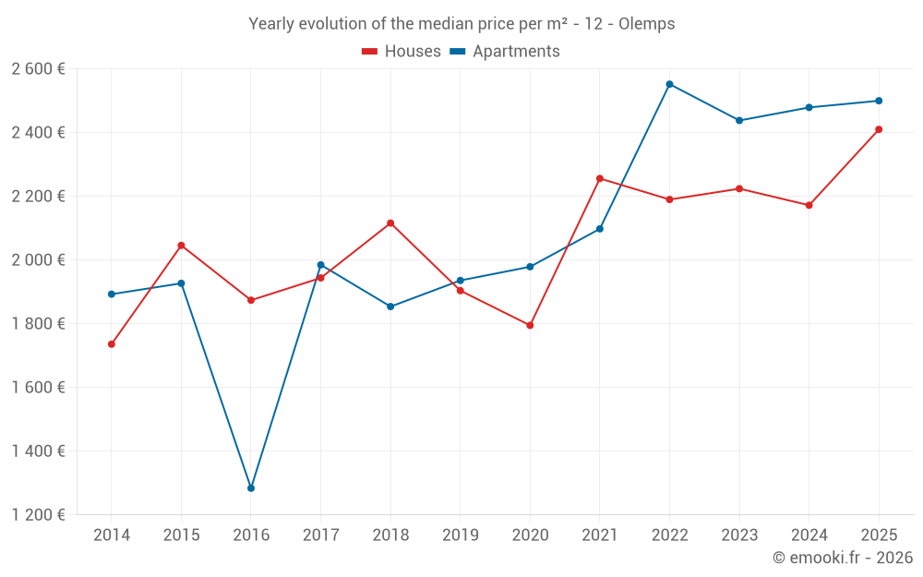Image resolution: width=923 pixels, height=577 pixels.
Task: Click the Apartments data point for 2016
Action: point(251,488)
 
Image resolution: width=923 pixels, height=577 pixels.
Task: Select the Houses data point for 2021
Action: point(600,178)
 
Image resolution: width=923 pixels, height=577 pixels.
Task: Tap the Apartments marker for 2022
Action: point(669,84)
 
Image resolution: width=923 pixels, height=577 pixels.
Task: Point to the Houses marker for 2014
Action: point(112,344)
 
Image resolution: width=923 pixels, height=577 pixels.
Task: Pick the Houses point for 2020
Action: point(530,325)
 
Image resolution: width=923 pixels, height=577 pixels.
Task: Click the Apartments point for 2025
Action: point(879,101)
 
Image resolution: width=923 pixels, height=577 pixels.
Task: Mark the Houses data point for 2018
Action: point(390,223)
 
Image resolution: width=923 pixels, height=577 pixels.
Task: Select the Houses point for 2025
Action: point(879,129)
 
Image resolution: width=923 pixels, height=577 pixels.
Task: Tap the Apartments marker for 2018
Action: point(390,307)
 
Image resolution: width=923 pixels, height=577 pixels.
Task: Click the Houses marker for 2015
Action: point(181,246)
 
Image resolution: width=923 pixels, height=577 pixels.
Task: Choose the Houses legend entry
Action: point(402,52)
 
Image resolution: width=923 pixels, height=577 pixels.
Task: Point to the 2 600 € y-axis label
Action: point(38,69)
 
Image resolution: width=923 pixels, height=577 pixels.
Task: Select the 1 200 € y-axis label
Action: point(38,515)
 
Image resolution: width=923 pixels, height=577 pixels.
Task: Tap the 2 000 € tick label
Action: point(38,260)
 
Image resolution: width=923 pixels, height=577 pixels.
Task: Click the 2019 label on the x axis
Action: point(460,535)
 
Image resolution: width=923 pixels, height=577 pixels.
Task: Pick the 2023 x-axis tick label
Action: point(739,535)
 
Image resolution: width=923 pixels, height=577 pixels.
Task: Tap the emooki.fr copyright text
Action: point(842,558)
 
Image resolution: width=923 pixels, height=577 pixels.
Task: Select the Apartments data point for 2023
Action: point(739,120)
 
